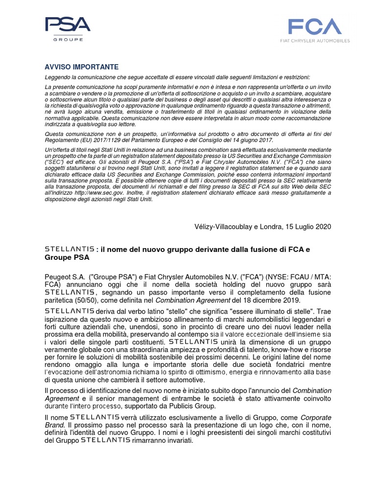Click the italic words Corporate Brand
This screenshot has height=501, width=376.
[x=313, y=417]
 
